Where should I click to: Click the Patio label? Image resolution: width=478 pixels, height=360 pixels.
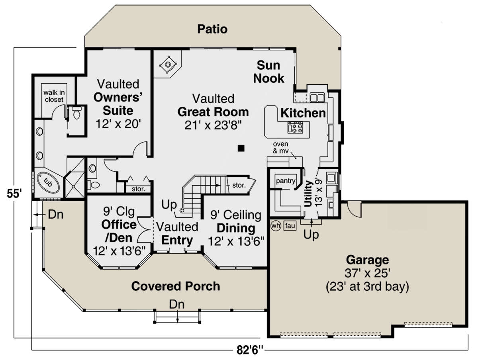(x=212, y=29)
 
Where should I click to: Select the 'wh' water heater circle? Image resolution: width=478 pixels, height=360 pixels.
(x=276, y=225)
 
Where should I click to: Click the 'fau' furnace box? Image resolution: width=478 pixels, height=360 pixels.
(x=290, y=226)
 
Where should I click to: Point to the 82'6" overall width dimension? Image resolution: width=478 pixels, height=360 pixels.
(x=250, y=350)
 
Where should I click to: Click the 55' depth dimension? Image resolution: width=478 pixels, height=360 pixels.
(x=14, y=194)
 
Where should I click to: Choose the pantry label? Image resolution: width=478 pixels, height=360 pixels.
(x=286, y=181)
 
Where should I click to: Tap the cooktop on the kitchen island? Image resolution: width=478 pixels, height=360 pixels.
(x=295, y=128)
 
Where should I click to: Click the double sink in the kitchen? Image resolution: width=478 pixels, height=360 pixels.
(x=317, y=98)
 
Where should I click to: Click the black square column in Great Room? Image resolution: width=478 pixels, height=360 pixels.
(x=241, y=148)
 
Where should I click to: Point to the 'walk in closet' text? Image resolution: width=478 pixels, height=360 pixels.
(x=54, y=96)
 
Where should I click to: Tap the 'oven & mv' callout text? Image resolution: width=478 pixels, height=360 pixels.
(x=280, y=147)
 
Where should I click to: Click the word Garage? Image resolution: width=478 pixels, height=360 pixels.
(x=367, y=260)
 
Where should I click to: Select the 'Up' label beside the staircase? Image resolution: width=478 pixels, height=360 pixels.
(x=169, y=205)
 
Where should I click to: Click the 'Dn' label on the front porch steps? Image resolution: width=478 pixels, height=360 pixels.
(x=176, y=304)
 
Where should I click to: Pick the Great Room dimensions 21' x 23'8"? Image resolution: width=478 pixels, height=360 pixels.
(x=213, y=125)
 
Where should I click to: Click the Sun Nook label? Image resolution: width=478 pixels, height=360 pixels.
(x=268, y=72)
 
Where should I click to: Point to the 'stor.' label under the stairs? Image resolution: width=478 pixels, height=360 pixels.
(x=239, y=185)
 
